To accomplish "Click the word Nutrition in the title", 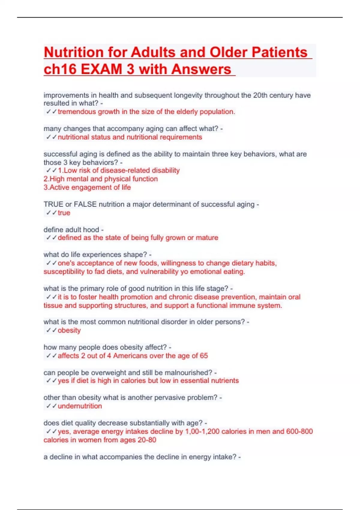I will [x=74, y=52].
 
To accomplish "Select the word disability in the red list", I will [x=166, y=170].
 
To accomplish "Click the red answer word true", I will [x=64, y=213].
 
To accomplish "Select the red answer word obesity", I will [x=69, y=330].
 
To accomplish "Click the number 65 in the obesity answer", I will [x=204, y=356].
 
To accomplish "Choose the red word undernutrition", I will [x=80, y=406].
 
